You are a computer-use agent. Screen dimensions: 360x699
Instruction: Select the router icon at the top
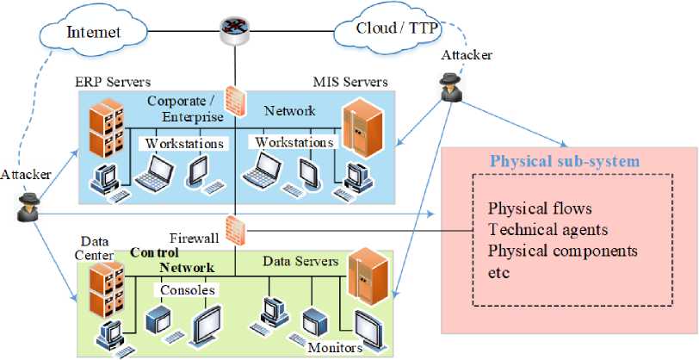(x=234, y=27)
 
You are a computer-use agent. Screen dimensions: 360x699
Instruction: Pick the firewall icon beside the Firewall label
(x=234, y=229)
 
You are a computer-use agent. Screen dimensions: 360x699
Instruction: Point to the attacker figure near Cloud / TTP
(x=451, y=84)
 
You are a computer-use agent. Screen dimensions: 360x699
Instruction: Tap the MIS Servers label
(x=349, y=82)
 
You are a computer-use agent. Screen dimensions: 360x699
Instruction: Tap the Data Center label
(x=100, y=249)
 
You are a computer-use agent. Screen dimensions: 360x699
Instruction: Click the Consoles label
(x=189, y=290)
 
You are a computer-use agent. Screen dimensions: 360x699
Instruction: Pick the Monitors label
(x=336, y=348)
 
